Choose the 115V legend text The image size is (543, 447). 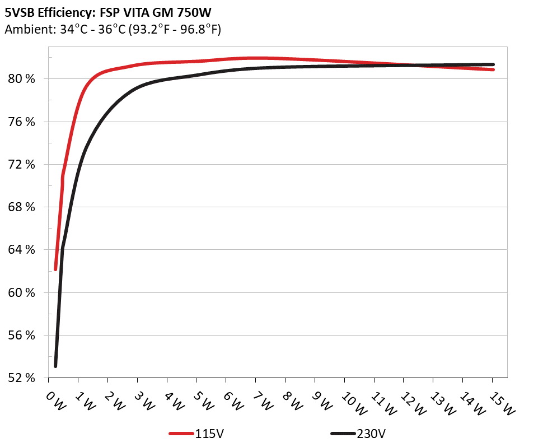click(210, 434)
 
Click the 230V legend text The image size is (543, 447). click(371, 434)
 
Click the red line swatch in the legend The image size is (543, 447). click(182, 434)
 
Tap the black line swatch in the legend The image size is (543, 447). click(343, 434)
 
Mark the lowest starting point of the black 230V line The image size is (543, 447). click(55, 366)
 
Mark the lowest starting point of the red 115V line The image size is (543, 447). click(55, 269)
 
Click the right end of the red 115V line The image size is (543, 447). click(493, 69)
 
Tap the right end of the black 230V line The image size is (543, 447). click(493, 64)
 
